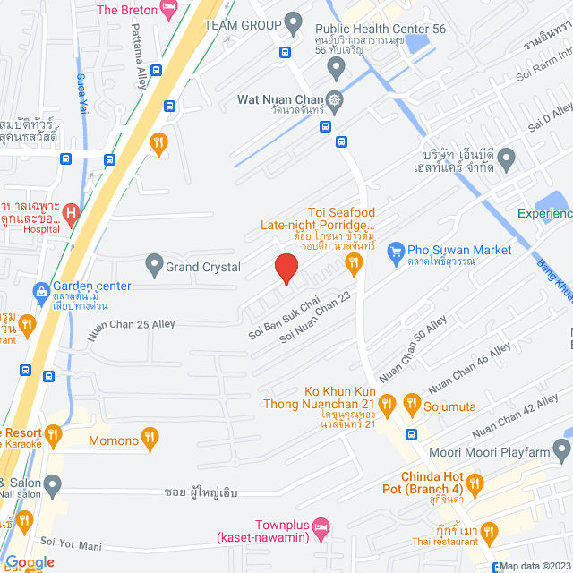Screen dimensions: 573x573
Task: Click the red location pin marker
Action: pos(285,269)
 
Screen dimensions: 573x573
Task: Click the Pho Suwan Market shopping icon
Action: pos(394,251)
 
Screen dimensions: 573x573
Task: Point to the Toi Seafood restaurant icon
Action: pos(354,262)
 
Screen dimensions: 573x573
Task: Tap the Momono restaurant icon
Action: pos(150,439)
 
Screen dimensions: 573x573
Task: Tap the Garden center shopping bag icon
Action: pos(40,291)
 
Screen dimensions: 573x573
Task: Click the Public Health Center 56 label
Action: pos(380,29)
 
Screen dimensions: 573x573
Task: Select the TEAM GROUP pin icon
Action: pos(293,21)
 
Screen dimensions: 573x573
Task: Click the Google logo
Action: pos(29,562)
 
